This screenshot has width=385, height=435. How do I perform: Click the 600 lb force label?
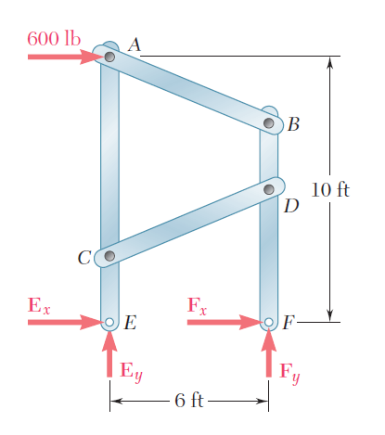point(54,39)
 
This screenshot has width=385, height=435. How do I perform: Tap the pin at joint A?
point(109,57)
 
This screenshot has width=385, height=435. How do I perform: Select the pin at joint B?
point(269,123)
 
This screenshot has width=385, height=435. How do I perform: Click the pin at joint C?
point(109,256)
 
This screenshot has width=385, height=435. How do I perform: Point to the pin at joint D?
point(269,189)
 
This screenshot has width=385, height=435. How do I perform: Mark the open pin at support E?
point(109,322)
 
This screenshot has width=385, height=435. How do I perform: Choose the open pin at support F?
point(269,322)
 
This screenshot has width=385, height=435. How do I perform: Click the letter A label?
point(135,45)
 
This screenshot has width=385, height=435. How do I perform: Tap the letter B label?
point(293,124)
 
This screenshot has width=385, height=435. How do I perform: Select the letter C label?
point(84,258)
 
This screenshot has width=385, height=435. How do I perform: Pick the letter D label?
point(291,206)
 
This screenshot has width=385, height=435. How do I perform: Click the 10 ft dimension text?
point(330,190)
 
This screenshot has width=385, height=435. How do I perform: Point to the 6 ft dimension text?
point(189,401)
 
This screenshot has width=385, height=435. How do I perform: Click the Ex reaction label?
point(39,305)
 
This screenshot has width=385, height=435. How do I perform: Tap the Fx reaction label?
point(198,306)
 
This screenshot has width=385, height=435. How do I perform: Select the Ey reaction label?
point(132,372)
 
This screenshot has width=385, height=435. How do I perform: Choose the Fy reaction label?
point(289,374)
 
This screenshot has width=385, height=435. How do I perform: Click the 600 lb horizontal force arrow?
point(66,57)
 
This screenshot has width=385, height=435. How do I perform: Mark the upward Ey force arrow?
point(109,353)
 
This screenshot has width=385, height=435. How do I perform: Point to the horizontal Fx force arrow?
point(225,322)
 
